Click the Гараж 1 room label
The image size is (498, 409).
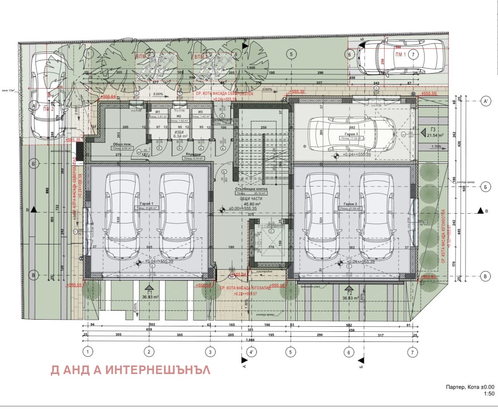pyautogui.click(x=146, y=204)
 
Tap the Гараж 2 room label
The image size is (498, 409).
pyautogui.click(x=350, y=204)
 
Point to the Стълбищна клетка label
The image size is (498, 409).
pyautogui.click(x=251, y=189)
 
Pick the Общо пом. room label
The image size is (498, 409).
pyautogui.click(x=121, y=144)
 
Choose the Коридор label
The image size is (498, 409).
pyautogui.click(x=193, y=154)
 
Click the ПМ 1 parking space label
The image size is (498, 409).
pyautogui.click(x=400, y=54)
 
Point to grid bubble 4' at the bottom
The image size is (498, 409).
pyautogui.click(x=251, y=352)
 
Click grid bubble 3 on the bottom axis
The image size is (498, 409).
pyautogui.click(x=210, y=352)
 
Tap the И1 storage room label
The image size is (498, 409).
pyautogui.click(x=158, y=112)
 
